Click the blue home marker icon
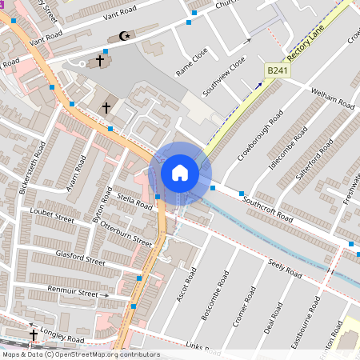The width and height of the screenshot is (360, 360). click(180, 173)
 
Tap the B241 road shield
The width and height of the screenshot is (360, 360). click(276, 72)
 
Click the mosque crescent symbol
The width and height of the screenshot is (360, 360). click(123, 36)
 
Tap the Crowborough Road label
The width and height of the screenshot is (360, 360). click(253, 134)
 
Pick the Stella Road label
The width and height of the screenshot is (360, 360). click(134, 200)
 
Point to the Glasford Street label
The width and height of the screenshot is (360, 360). click(80, 257)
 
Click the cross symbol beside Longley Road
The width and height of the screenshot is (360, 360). click(34, 334)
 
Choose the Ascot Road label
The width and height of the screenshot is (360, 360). click(186, 291)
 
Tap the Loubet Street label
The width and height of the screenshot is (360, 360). click(52, 217)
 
